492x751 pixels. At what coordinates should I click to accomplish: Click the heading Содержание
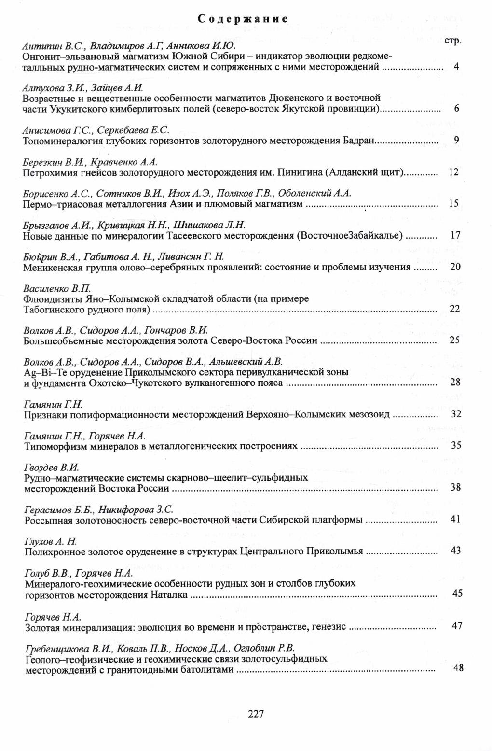pos(243,19)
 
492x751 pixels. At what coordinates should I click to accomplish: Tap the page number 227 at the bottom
pos(256,714)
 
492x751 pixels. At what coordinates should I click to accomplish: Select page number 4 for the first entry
pos(456,67)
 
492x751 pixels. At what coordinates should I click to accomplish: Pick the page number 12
pos(453,172)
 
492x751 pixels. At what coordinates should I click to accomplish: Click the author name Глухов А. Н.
pos(50,540)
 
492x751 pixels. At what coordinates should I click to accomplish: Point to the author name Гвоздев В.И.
pos(51,467)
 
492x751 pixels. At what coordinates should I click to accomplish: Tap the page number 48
pos(458,668)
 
